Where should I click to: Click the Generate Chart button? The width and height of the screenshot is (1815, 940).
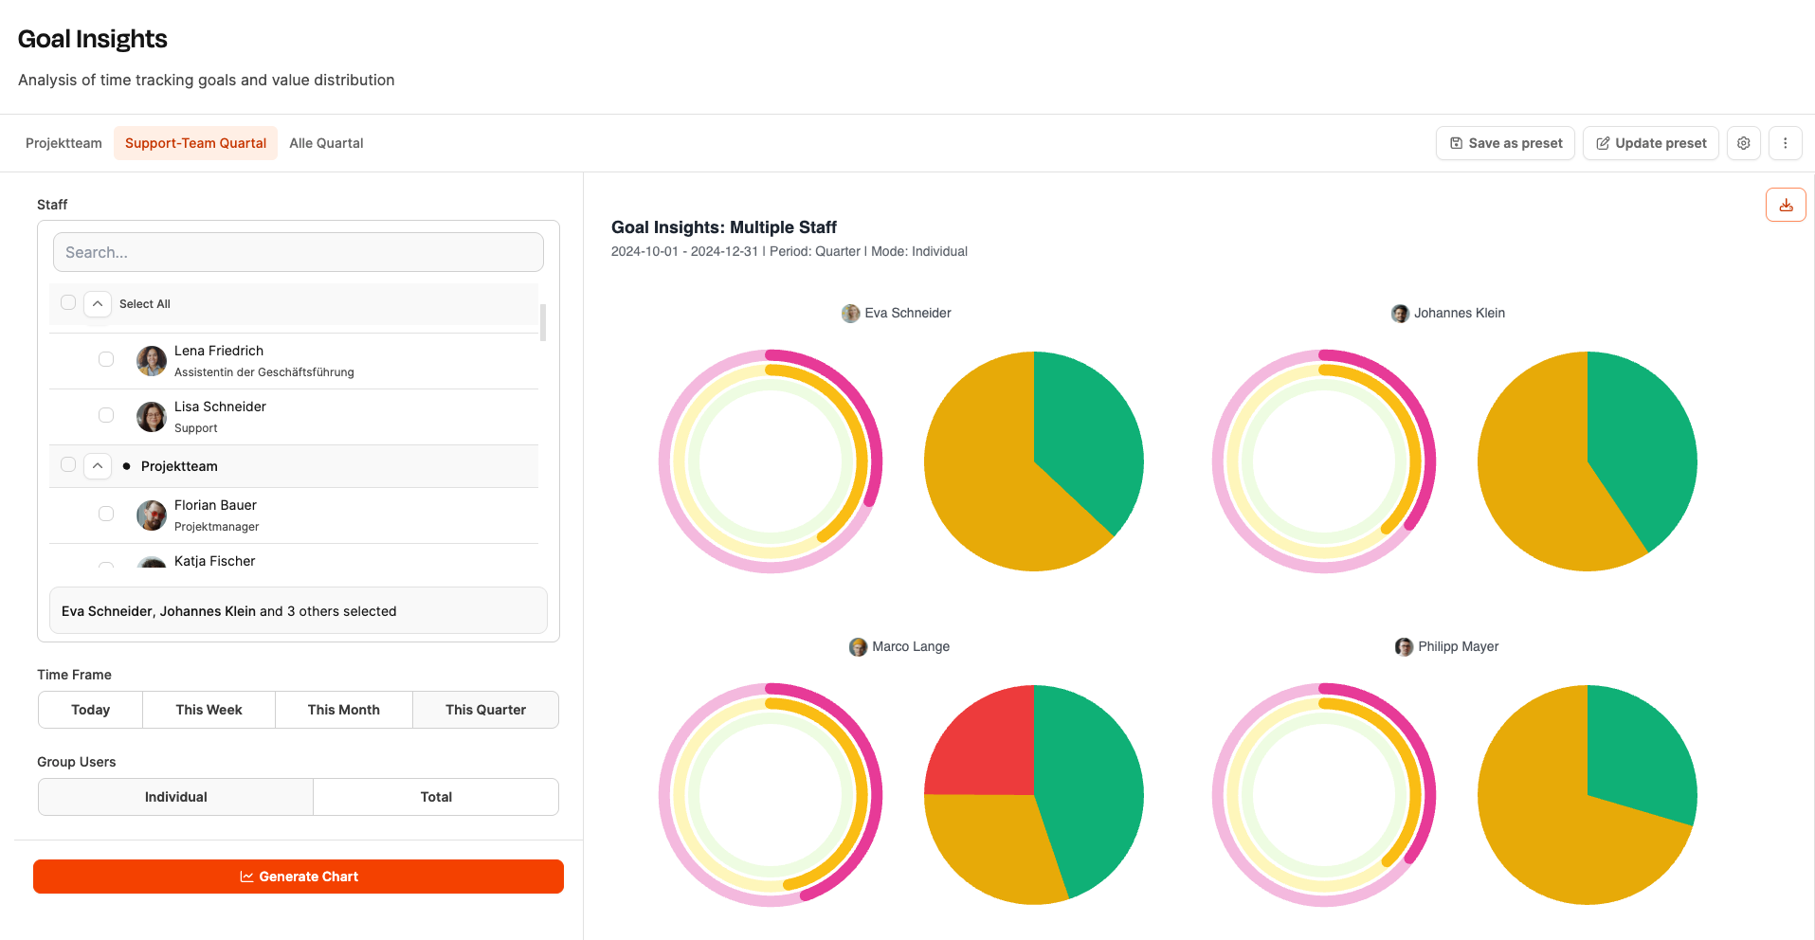[x=299, y=877]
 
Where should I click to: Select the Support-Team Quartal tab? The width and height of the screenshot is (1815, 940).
[x=195, y=143]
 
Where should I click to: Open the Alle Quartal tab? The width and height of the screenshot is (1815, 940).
[x=326, y=143]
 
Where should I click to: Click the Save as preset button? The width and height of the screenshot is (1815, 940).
[x=1505, y=143]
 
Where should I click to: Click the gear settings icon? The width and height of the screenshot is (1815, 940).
[x=1743, y=143]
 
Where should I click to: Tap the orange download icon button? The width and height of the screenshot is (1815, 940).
[x=1786, y=205]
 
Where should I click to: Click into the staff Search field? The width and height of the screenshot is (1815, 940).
[x=299, y=252]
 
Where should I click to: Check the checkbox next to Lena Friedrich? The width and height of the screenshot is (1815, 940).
[x=106, y=359]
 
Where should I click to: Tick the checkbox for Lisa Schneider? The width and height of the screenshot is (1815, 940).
[x=106, y=415]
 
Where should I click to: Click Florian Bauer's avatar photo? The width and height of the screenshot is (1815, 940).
[x=152, y=515]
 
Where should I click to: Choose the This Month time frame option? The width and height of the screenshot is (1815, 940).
[x=343, y=710]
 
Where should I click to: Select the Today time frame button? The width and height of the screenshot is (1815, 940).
[x=90, y=710]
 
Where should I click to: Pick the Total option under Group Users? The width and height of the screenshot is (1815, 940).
[x=436, y=797]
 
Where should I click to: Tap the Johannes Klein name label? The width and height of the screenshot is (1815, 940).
[x=1459, y=313]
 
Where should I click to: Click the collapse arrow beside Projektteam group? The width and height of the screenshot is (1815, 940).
[x=98, y=466]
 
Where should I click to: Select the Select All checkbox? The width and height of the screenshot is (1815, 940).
[x=68, y=303]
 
